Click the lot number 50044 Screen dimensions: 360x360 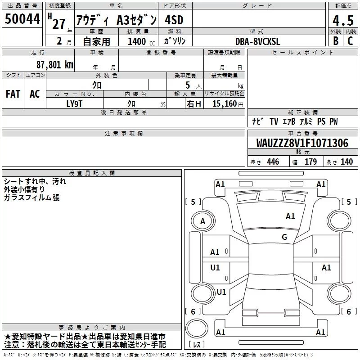(22, 19)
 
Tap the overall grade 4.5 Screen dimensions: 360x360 (343, 21)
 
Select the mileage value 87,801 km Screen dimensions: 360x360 (55, 65)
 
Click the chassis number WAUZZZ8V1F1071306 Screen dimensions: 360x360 (302, 143)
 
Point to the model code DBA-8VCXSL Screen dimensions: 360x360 (257, 41)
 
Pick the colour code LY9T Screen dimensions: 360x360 (74, 104)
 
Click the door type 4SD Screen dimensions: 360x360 (174, 20)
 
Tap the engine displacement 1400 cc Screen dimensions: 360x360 (141, 41)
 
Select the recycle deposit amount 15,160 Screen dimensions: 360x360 (224, 103)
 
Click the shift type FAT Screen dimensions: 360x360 (13, 94)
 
